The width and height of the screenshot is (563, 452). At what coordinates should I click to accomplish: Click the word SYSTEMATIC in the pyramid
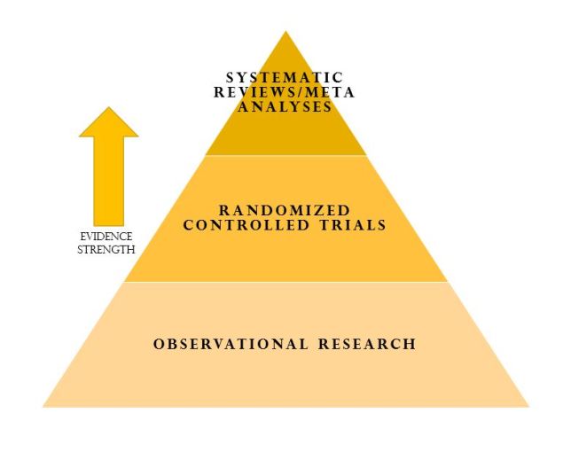pyautogui.click(x=285, y=78)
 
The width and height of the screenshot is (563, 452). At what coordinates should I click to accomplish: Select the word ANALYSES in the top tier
pyautogui.click(x=285, y=106)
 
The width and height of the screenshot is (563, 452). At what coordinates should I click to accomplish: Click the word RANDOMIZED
pyautogui.click(x=285, y=210)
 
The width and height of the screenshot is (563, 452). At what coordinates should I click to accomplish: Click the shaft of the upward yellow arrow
pyautogui.click(x=109, y=181)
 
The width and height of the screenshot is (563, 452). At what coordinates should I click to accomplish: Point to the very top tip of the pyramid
pyautogui.click(x=285, y=32)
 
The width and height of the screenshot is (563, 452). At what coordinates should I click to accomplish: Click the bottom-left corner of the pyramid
pyautogui.click(x=43, y=406)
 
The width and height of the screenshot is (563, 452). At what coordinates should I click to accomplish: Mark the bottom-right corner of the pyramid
pyautogui.click(x=528, y=406)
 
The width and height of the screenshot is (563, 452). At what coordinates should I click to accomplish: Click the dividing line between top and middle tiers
pyautogui.click(x=285, y=155)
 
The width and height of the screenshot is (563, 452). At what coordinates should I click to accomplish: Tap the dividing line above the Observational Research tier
pyautogui.click(x=285, y=282)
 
